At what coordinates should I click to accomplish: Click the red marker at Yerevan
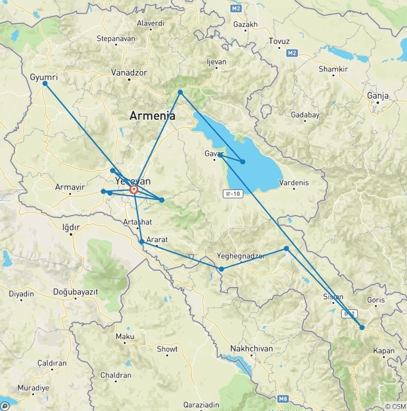[x=134, y=190]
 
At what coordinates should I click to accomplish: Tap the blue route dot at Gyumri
[x=45, y=84]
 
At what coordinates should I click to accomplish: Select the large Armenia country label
[x=153, y=116]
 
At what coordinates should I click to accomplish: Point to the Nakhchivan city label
[x=251, y=349]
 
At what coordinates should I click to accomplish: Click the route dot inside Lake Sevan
[x=243, y=162]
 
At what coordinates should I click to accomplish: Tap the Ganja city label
[x=377, y=96]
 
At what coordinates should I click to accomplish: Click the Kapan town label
[x=384, y=351]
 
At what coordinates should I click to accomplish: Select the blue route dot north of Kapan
[x=362, y=327]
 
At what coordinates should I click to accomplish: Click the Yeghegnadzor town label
[x=241, y=256]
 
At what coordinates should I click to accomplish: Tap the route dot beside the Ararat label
[x=141, y=242]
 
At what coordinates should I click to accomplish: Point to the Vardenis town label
[x=293, y=183]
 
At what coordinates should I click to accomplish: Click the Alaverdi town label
[x=150, y=23]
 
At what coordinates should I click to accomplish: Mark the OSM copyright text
[x=395, y=406]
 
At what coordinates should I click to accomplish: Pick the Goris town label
[x=376, y=300]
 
